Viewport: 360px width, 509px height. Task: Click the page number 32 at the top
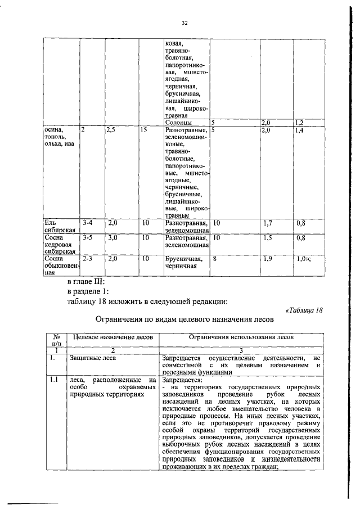tap(184, 23)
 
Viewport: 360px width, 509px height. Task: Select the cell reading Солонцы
tap(178, 122)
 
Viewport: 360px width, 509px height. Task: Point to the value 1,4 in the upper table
tap(299, 130)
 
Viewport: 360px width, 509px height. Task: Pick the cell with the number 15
tap(145, 130)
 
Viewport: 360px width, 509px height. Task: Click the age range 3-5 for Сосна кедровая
tap(87, 238)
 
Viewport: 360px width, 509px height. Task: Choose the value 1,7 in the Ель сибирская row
tap(268, 223)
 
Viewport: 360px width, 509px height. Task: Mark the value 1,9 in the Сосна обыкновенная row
tap(268, 259)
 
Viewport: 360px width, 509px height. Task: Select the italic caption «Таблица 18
tap(304, 310)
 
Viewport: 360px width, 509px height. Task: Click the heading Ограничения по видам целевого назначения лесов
tap(184, 320)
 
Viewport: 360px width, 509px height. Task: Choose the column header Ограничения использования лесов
tap(240, 336)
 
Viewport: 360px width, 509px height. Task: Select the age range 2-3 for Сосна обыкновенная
tap(87, 259)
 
